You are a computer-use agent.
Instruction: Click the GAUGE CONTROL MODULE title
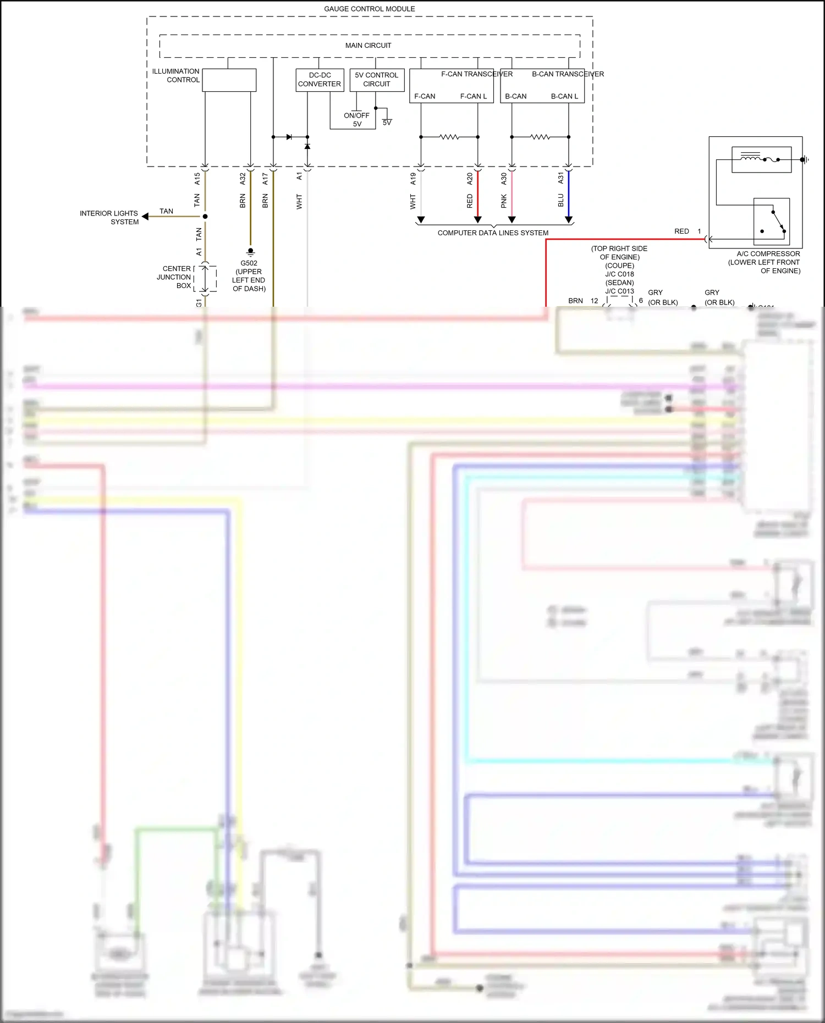click(369, 9)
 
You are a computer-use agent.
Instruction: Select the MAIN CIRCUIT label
click(368, 46)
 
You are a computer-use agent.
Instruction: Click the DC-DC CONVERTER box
click(320, 80)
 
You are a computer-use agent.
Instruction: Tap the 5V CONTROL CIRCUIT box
click(377, 80)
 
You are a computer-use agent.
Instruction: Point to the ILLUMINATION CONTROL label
click(176, 75)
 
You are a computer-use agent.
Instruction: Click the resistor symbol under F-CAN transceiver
click(449, 137)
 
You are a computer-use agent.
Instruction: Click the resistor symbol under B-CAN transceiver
click(540, 137)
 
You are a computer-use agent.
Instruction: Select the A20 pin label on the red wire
click(470, 178)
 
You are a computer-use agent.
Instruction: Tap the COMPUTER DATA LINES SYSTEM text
click(493, 233)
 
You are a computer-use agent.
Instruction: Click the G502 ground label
click(249, 263)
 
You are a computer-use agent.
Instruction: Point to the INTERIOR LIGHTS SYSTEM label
click(109, 218)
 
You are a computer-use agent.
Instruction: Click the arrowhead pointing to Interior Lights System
click(145, 217)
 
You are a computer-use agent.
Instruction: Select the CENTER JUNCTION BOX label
click(175, 277)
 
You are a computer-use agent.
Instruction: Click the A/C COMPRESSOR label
click(768, 254)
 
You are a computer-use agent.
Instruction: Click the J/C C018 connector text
click(619, 274)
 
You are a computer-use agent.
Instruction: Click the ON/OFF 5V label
click(357, 119)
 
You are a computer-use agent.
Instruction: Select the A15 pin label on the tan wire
click(197, 178)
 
